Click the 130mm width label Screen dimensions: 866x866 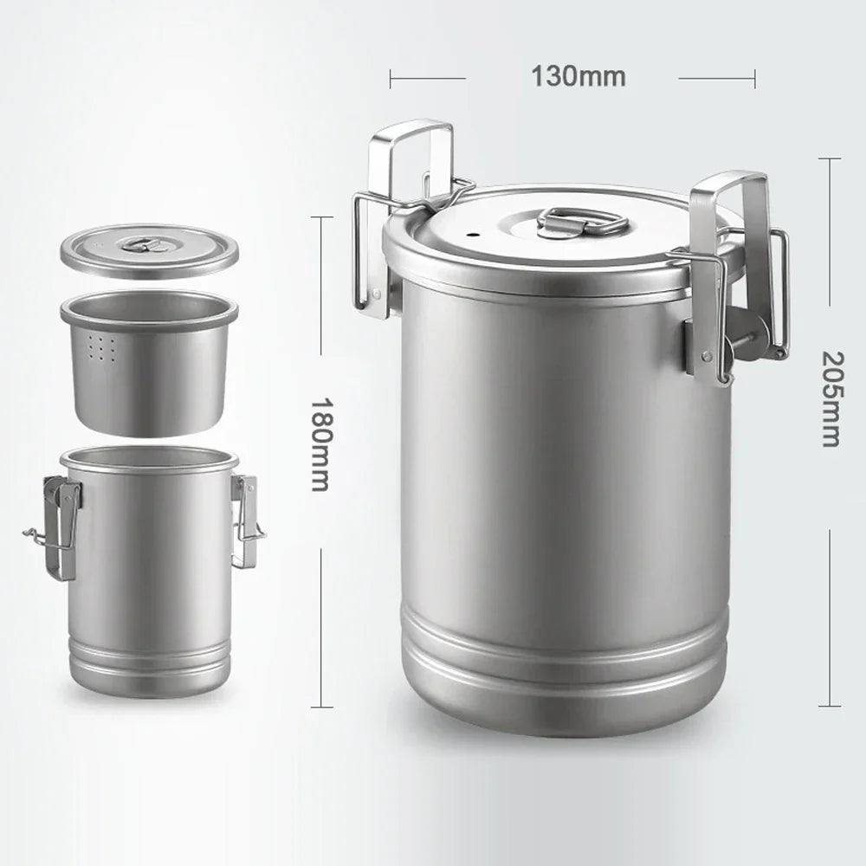click(578, 76)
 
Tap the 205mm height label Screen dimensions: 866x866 click(830, 398)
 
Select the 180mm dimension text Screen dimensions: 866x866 click(320, 444)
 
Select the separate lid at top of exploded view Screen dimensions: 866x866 click(149, 251)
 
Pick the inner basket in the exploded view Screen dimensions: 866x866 click(149, 364)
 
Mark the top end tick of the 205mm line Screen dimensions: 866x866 click(829, 158)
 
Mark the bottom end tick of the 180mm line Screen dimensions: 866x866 click(321, 707)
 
